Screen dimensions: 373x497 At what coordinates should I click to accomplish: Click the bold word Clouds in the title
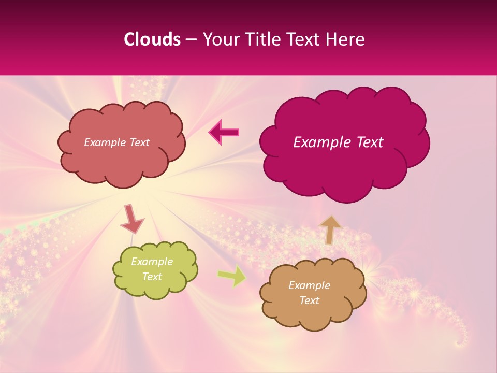[152, 39]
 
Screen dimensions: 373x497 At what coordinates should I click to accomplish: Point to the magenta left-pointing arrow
[224, 133]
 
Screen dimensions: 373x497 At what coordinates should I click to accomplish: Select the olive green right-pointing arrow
[232, 276]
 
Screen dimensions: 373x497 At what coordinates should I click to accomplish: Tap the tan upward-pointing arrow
[330, 229]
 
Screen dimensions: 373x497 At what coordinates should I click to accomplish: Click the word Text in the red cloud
[139, 142]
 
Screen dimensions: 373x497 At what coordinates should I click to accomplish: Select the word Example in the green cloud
[152, 262]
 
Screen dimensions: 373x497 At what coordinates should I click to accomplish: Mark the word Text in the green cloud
[152, 277]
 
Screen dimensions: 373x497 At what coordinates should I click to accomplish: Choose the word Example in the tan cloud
[309, 285]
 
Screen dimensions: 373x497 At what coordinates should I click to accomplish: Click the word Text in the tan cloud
[309, 300]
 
